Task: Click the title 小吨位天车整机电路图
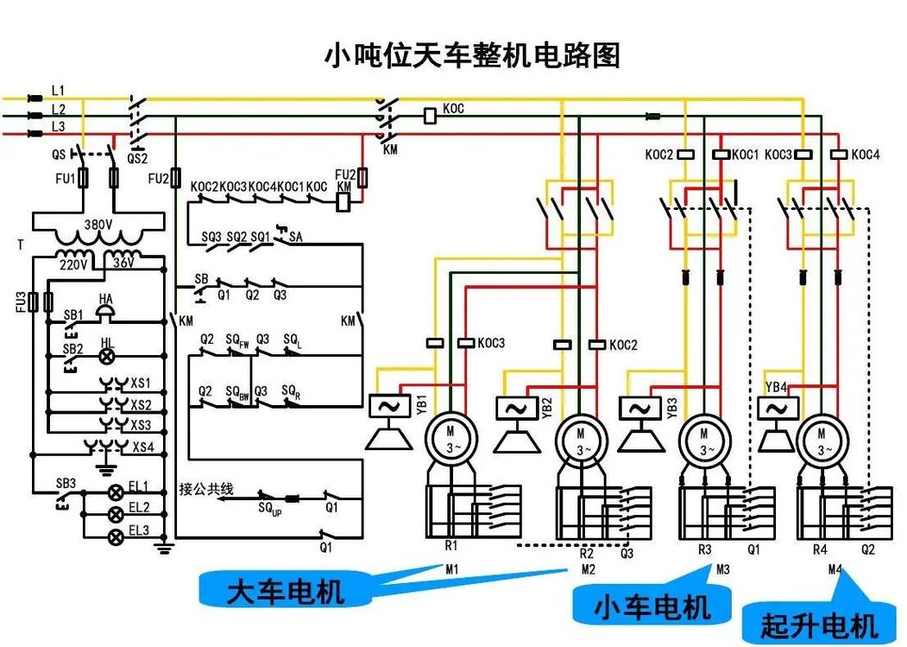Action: coord(471,56)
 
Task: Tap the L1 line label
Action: coord(58,90)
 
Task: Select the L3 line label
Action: coord(58,126)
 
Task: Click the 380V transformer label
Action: coord(97,224)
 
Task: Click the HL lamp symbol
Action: coord(107,355)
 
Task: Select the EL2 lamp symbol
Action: coord(114,514)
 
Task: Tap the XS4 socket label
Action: coord(142,447)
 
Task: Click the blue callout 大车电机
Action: coord(286,591)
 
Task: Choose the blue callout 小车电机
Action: coord(652,606)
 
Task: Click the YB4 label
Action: coord(776,386)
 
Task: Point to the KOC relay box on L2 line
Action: coord(431,114)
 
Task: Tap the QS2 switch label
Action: coord(138,158)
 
